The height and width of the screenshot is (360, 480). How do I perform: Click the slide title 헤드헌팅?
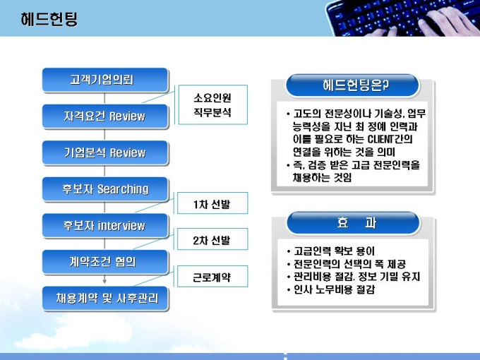click(49, 19)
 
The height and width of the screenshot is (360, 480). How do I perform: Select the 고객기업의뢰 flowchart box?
click(105, 80)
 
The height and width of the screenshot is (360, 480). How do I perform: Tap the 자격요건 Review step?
click(105, 116)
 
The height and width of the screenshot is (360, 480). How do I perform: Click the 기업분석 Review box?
click(105, 152)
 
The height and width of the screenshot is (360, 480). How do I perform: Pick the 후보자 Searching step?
click(105, 189)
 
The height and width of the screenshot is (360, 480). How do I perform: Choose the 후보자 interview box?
click(105, 226)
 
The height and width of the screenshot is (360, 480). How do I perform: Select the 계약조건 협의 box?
click(105, 262)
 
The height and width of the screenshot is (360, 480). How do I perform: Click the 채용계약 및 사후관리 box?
click(105, 299)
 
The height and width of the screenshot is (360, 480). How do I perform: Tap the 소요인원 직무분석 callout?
click(212, 104)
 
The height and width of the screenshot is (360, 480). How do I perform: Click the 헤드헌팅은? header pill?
click(352, 85)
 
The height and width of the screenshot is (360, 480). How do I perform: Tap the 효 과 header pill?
click(353, 223)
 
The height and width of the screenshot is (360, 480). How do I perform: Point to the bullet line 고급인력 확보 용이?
click(331, 251)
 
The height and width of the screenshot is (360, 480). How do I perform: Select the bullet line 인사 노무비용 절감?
click(331, 289)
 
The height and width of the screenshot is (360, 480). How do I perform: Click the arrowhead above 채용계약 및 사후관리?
click(104, 281)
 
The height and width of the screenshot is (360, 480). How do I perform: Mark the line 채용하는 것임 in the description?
click(323, 178)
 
